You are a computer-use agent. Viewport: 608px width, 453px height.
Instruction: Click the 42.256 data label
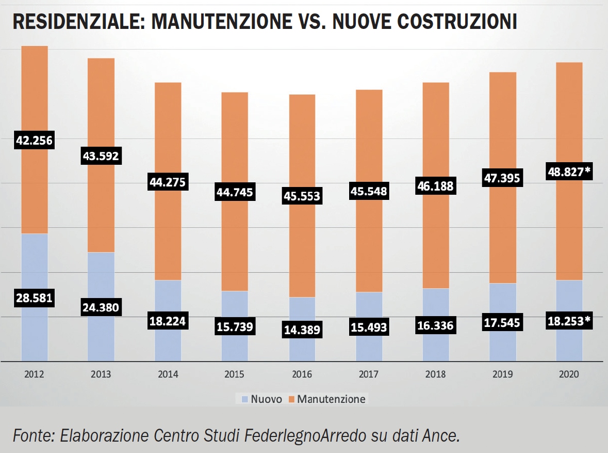click(x=34, y=140)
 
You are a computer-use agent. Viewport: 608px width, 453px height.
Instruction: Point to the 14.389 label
click(x=302, y=330)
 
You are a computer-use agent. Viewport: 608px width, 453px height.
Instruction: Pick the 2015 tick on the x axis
click(x=235, y=374)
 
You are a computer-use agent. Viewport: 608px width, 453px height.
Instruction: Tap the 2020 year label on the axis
click(x=569, y=374)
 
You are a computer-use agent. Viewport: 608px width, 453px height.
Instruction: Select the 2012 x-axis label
click(x=34, y=374)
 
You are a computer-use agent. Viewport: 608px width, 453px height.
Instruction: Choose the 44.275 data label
click(x=168, y=182)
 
